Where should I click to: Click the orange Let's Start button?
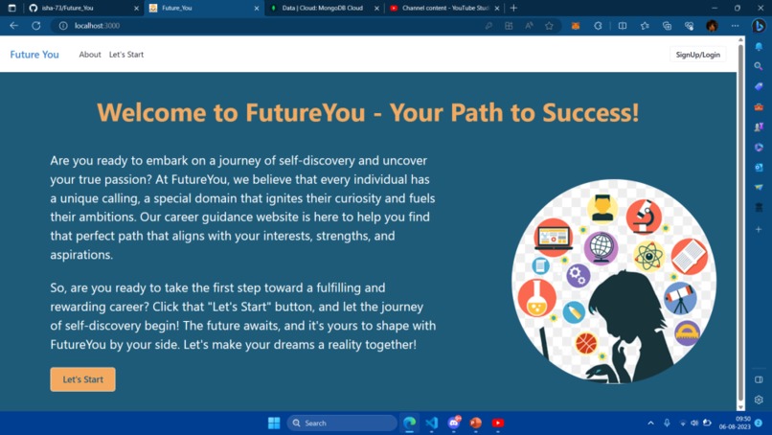pyautogui.click(x=82, y=379)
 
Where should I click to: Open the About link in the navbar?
pyautogui.click(x=90, y=55)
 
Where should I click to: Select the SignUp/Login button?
pyautogui.click(x=697, y=55)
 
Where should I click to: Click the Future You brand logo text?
pyautogui.click(x=34, y=55)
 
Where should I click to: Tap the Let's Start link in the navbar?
pyautogui.click(x=126, y=55)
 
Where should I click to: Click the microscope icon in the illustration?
pyautogui.click(x=644, y=217)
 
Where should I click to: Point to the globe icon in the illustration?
pyautogui.click(x=601, y=248)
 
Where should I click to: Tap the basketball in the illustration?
pyautogui.click(x=586, y=342)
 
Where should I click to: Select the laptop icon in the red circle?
pyautogui.click(x=554, y=236)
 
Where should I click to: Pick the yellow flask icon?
pyautogui.click(x=536, y=298)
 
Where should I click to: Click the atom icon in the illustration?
pyautogui.click(x=649, y=256)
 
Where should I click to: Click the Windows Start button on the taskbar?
pyautogui.click(x=274, y=423)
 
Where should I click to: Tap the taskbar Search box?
pyautogui.click(x=342, y=423)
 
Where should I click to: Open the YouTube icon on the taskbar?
pyautogui.click(x=498, y=423)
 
